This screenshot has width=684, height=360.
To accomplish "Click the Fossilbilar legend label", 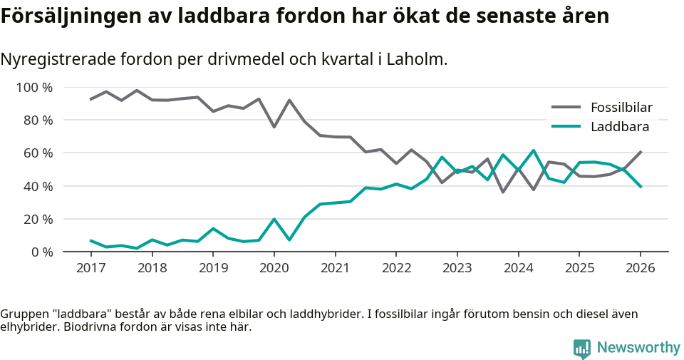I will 621,108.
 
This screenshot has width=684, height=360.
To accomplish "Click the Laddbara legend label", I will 619,127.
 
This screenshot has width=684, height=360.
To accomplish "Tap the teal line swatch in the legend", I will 566,127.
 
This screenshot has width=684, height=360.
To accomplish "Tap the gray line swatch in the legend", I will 566,108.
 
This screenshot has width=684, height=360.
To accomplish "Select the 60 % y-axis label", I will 37,153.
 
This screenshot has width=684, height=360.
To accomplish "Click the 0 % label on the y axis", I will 41,252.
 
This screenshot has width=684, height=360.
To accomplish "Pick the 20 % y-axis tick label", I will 37,219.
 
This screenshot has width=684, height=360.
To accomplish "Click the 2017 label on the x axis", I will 90,268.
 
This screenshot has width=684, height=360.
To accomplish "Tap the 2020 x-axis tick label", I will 274,268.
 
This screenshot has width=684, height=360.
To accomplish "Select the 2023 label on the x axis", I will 457,268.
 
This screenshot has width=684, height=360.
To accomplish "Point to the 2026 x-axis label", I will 640,268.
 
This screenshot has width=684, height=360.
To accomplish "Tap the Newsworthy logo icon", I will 582,349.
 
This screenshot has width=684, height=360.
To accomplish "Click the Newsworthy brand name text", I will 638,348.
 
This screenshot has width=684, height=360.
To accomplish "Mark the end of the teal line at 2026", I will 641,187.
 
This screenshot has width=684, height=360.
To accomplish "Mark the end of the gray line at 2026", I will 641,152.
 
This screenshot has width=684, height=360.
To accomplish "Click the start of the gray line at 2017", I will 90,99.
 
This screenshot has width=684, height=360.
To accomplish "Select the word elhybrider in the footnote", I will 28,327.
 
